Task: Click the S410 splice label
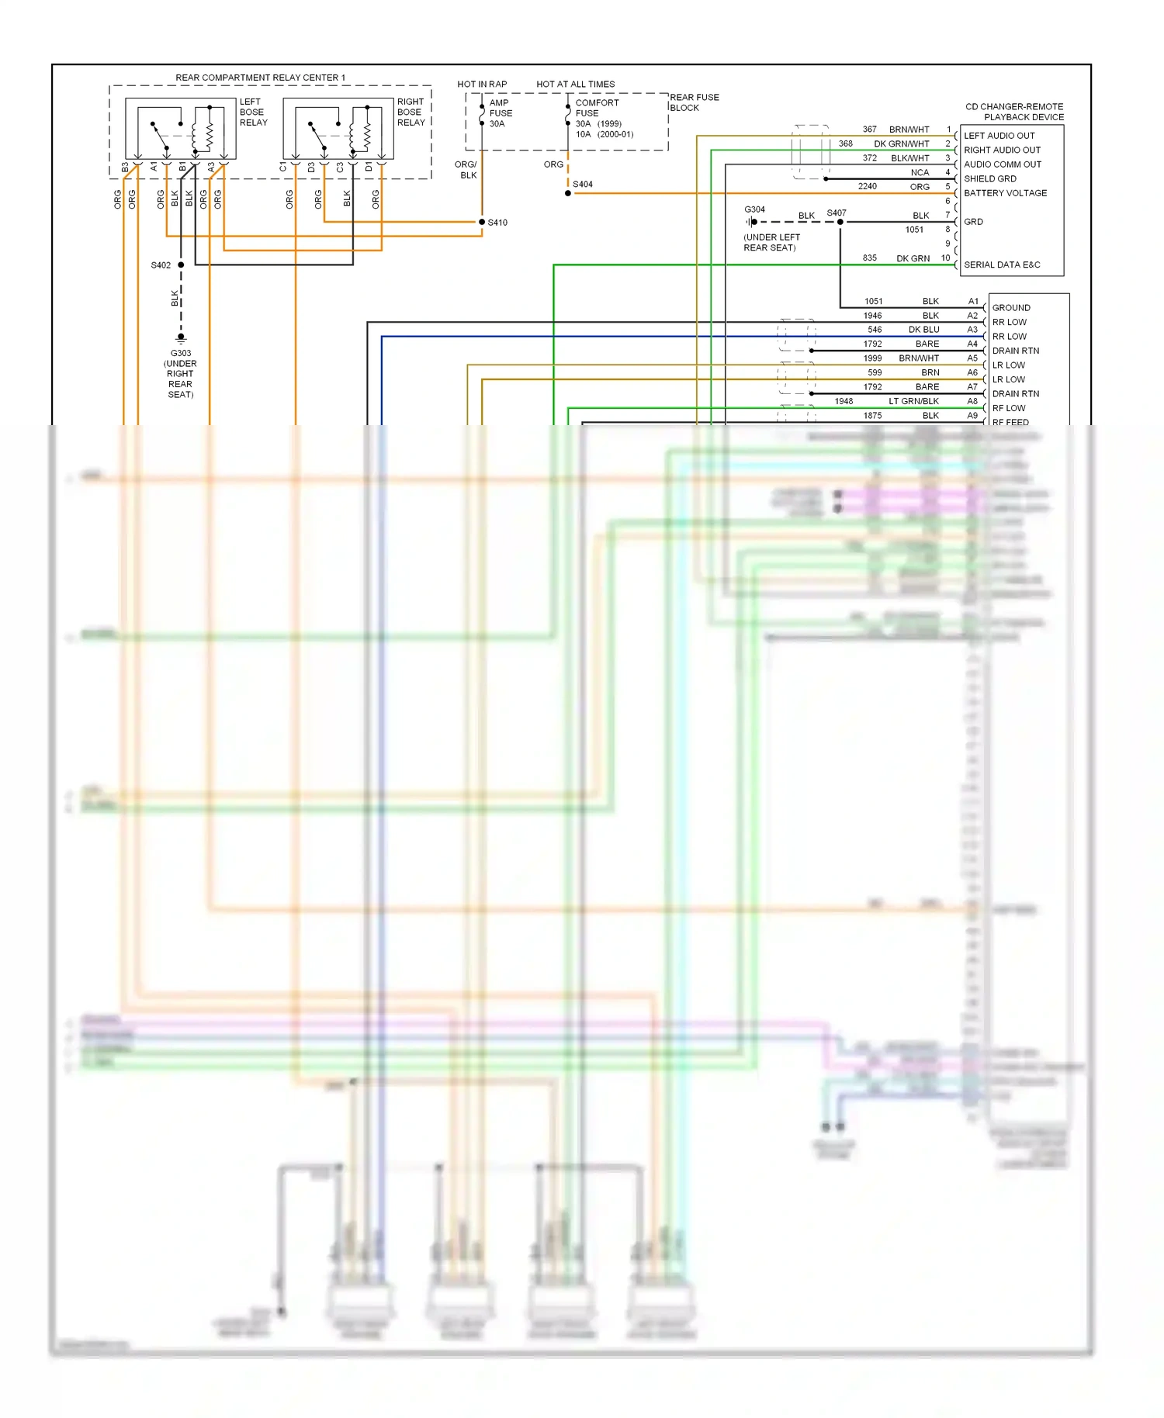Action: point(497,223)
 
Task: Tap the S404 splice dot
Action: point(568,193)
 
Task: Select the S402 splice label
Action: point(161,265)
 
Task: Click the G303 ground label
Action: point(181,353)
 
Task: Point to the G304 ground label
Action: point(754,209)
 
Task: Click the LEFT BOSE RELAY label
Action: point(253,112)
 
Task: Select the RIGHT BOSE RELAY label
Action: point(411,112)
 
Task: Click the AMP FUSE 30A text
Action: point(500,113)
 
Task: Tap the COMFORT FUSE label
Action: point(597,108)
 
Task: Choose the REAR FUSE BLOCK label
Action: point(694,102)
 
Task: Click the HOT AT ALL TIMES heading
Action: point(575,84)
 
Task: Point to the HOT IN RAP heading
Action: point(482,84)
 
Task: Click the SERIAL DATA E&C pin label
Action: point(1002,265)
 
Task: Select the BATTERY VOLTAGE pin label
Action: point(1005,193)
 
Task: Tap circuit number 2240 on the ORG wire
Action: point(867,186)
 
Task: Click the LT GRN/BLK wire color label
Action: point(913,401)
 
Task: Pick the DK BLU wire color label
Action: point(923,330)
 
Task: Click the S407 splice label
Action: point(836,213)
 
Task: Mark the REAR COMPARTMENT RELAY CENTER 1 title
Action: point(260,78)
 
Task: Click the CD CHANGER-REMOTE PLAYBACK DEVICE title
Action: point(1014,112)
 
